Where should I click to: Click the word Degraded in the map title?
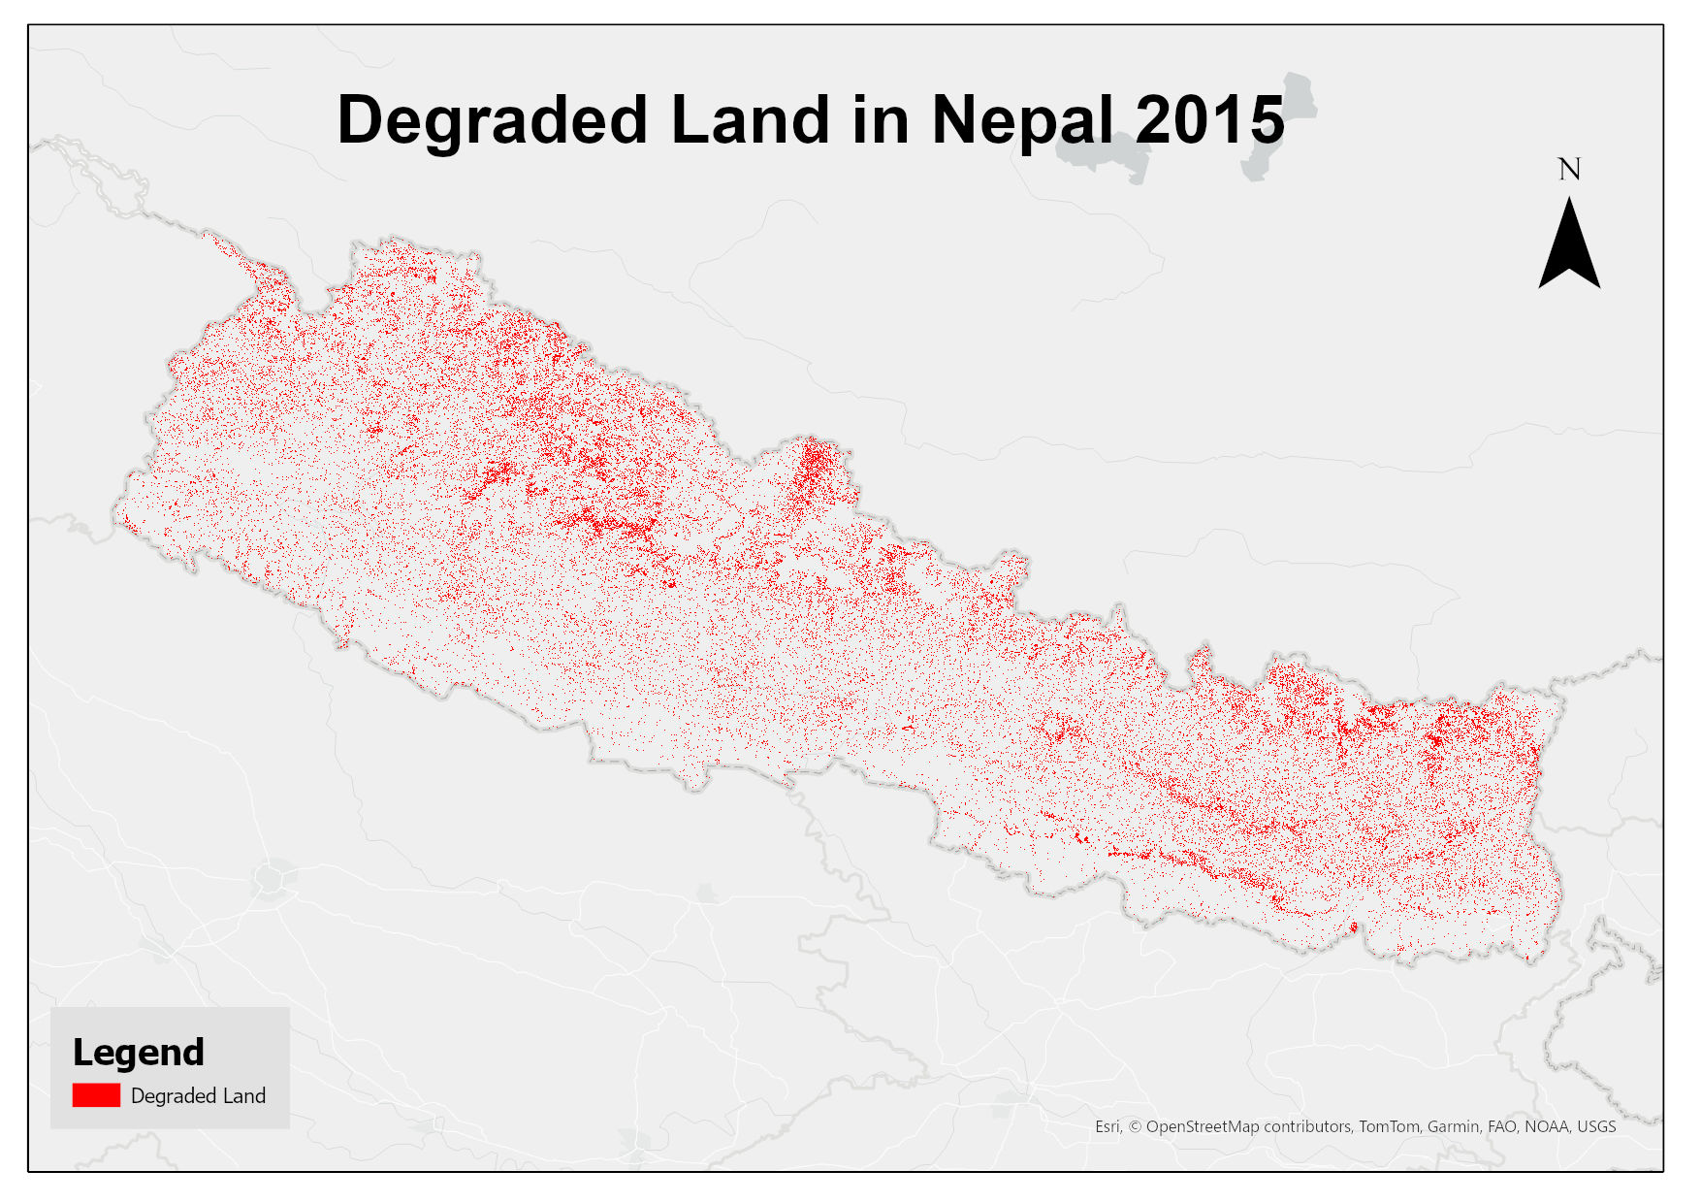(492, 120)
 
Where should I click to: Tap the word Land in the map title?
(750, 120)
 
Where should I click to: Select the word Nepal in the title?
(1022, 120)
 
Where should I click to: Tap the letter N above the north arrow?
(1569, 170)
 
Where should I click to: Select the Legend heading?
(139, 1053)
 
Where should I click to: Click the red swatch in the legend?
(96, 1095)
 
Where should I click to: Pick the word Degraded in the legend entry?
(173, 1096)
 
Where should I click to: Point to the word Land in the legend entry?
(243, 1096)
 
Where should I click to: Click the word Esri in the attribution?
(1107, 1126)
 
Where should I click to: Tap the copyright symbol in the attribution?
(1135, 1126)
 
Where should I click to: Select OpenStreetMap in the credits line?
(1203, 1126)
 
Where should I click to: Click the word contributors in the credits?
(1307, 1126)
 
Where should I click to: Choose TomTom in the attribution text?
(1388, 1126)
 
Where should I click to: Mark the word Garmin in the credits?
(1453, 1126)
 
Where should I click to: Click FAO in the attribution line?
(1501, 1126)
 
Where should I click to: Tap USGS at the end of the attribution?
(1596, 1126)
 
